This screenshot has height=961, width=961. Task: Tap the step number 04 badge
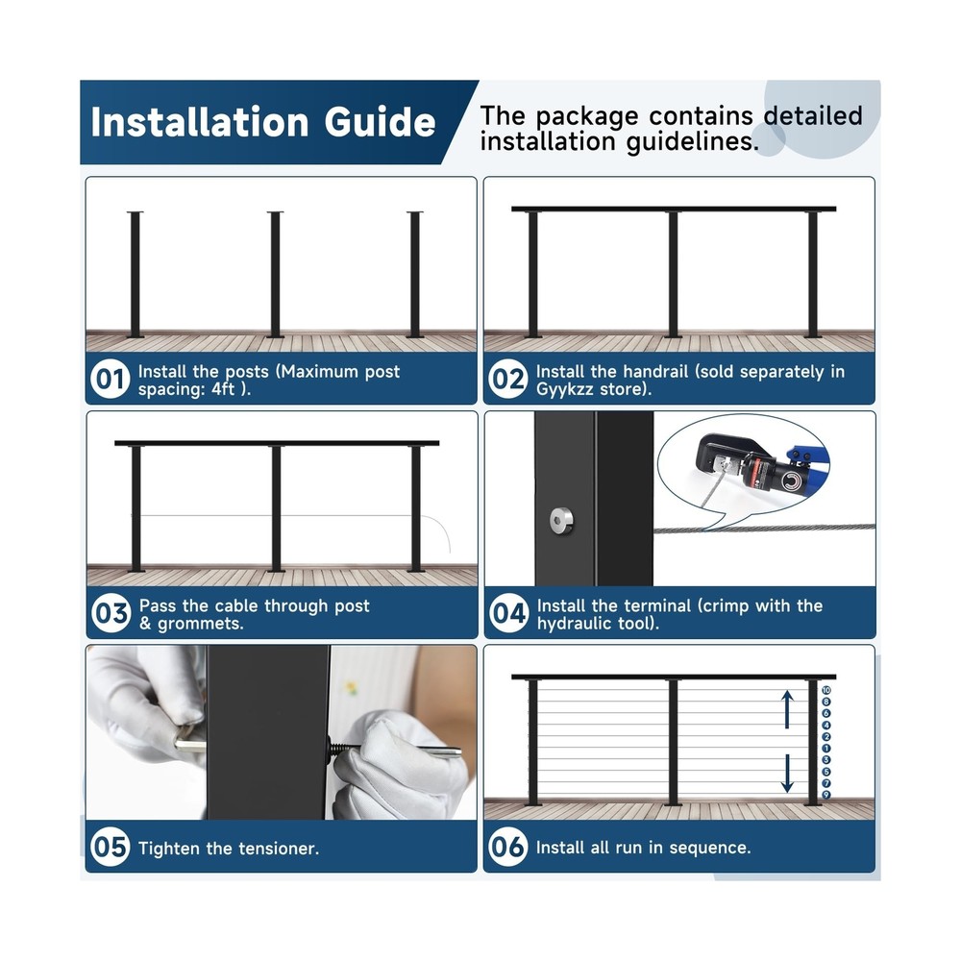(x=508, y=613)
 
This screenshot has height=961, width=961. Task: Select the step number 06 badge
(x=508, y=847)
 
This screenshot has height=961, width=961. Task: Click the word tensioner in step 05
(x=273, y=848)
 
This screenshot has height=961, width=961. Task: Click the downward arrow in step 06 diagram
(x=787, y=773)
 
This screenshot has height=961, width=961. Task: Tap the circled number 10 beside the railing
(x=826, y=690)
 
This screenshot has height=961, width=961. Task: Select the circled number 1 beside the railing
(x=826, y=748)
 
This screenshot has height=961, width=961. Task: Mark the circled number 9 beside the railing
(x=826, y=794)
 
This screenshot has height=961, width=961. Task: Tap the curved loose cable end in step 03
(x=444, y=536)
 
